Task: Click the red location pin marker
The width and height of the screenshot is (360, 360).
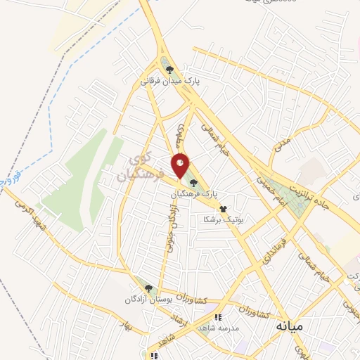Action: point(181,166)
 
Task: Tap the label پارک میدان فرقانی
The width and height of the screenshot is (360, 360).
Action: point(169,82)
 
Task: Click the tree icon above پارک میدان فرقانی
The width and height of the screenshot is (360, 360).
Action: point(169,69)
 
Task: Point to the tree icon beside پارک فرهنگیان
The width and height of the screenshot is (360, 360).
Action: point(193,182)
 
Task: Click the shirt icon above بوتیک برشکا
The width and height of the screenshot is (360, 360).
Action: point(224,209)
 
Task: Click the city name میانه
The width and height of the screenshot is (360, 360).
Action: point(289,327)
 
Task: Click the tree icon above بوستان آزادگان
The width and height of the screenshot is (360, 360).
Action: point(148,288)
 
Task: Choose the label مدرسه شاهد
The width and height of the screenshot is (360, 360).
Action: point(219,328)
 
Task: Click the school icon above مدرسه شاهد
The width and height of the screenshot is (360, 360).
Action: point(219,317)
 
